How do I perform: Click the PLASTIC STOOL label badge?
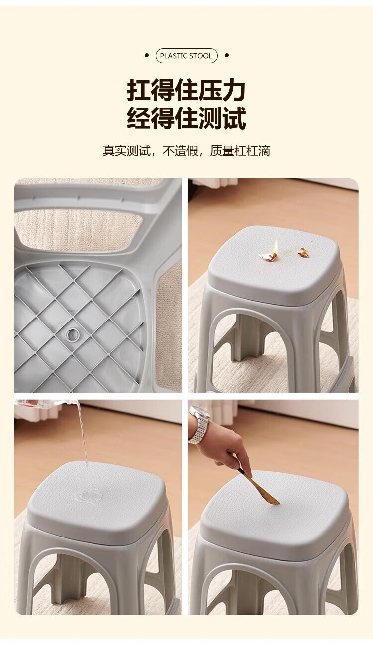pos(186,56)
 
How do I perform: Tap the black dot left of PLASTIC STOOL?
pos(147,55)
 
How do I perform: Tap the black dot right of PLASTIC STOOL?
pos(227,55)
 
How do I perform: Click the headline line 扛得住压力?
pos(186,90)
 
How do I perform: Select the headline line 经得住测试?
pos(186,118)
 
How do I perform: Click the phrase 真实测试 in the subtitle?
pos(127,151)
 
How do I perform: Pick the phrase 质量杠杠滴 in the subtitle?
pos(240,151)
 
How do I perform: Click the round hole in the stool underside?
pos(72,334)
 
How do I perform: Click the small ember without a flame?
pos(302,252)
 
